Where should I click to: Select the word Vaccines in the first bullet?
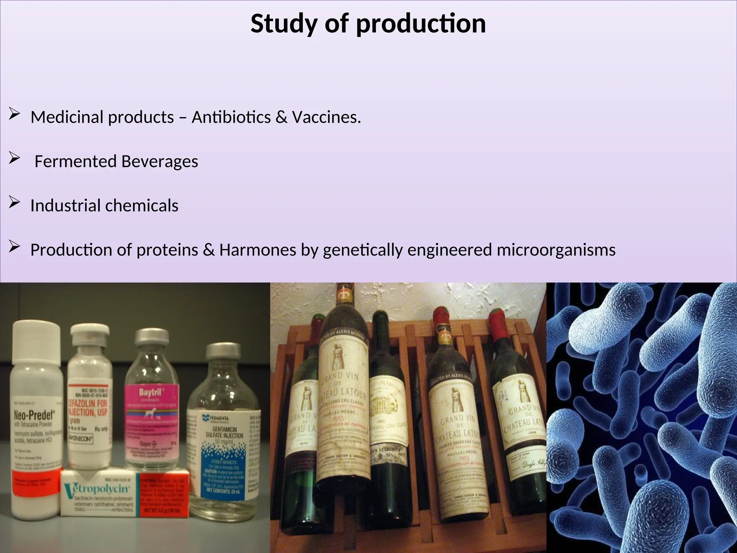point(326,117)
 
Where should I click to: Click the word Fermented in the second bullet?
point(75,162)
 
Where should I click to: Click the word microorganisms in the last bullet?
point(556,250)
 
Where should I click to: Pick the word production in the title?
point(421,24)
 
